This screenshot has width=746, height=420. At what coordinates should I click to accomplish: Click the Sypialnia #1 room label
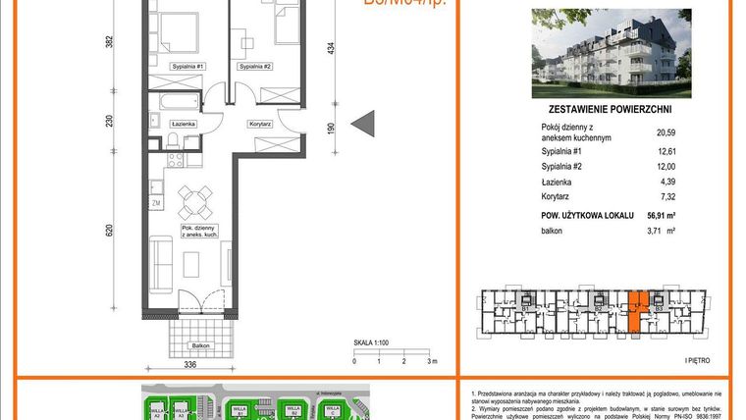[x=186, y=67]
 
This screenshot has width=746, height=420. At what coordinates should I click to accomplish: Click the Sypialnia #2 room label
[x=254, y=67]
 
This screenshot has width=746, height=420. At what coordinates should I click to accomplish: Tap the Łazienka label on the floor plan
[x=184, y=125]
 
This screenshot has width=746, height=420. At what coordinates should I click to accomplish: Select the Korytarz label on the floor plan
[x=260, y=125]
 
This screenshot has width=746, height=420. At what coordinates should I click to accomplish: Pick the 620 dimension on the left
[x=110, y=232]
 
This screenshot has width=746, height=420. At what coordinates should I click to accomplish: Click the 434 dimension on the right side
[x=331, y=49]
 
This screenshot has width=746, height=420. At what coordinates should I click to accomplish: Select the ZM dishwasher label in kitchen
[x=156, y=204]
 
